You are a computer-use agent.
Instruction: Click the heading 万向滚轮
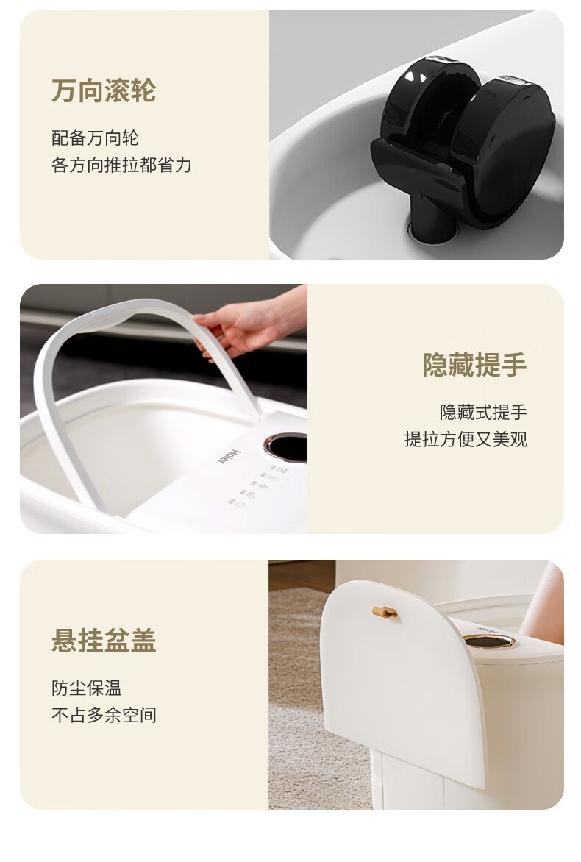pos(104,90)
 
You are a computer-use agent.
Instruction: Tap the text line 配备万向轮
pos(95,138)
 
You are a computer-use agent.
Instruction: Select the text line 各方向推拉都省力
pos(121,165)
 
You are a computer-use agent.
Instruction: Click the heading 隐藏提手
pos(475,365)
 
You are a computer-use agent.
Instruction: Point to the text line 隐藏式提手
pos(484,412)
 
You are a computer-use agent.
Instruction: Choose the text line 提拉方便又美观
pos(466,439)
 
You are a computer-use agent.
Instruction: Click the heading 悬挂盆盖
pos(104,641)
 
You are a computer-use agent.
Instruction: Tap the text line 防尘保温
pos(86,688)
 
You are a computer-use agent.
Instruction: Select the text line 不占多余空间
pos(104,715)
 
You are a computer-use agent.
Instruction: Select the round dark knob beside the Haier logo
pos(286,446)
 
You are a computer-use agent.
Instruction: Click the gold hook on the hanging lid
pos(385,611)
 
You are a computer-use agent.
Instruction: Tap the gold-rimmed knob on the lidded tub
pos(488,641)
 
